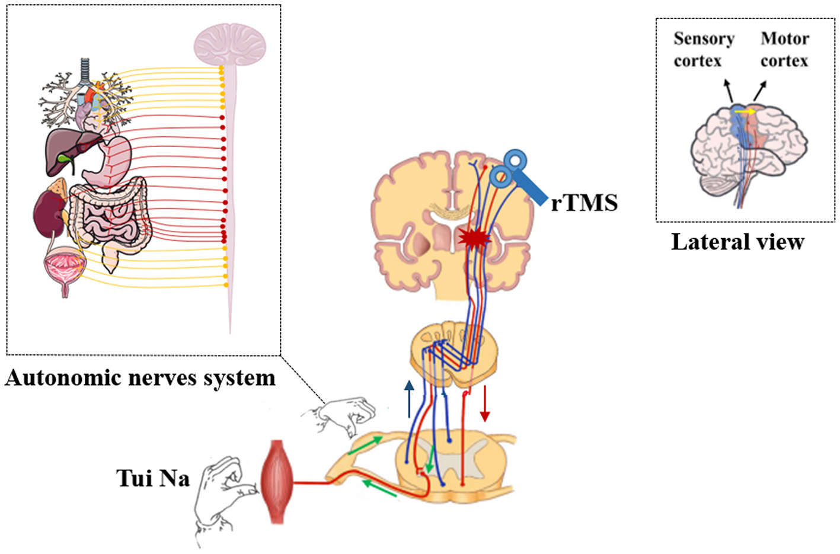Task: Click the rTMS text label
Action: [585, 203]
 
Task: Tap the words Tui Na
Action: [153, 478]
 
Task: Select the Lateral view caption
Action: [737, 242]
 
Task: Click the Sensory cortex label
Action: [704, 50]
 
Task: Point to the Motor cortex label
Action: [784, 50]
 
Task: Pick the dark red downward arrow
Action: [485, 404]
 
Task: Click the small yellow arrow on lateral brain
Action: [745, 111]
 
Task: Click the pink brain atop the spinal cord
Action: [230, 45]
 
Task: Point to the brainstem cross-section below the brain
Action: [454, 353]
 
